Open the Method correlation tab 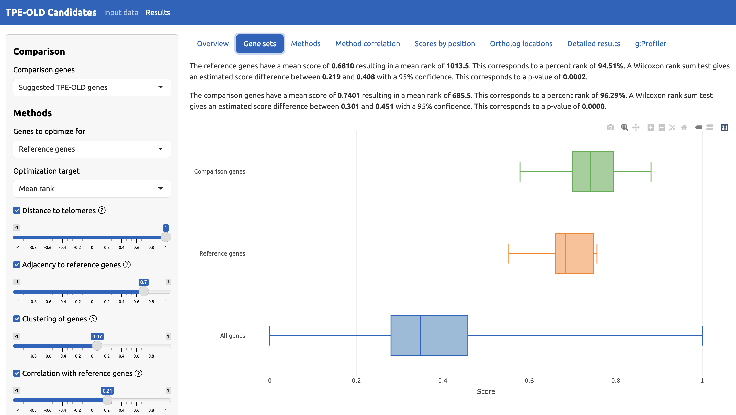tap(367, 44)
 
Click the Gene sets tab tap(259, 44)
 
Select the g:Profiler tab tap(650, 44)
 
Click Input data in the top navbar tap(121, 13)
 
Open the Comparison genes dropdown tap(92, 87)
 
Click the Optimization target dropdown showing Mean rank tap(92, 189)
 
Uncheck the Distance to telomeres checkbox tap(17, 211)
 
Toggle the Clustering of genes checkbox tap(17, 319)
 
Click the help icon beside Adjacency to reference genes tap(127, 265)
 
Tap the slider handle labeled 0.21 tap(107, 400)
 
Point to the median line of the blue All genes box tap(420, 336)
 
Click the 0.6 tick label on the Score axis tap(529, 381)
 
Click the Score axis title tap(486, 391)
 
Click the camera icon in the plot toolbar tap(610, 127)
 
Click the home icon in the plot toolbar tap(684, 127)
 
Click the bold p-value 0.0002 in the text tap(574, 77)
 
